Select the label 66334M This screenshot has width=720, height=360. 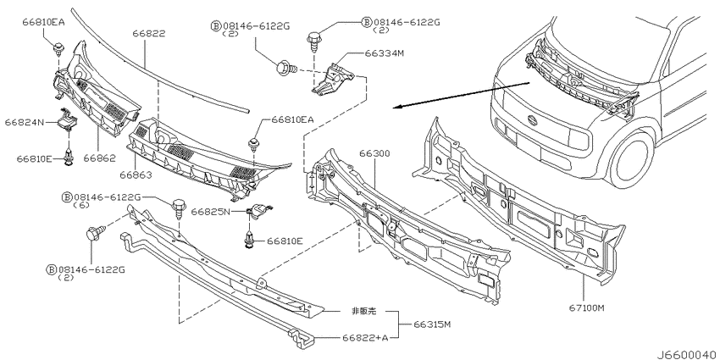[x=385, y=53]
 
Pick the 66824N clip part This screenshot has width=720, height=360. [x=68, y=119]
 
